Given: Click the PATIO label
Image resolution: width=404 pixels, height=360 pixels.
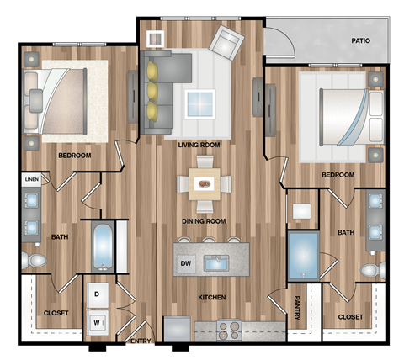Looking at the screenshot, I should [x=363, y=40].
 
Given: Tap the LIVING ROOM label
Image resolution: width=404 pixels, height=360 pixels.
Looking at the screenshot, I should [x=199, y=145].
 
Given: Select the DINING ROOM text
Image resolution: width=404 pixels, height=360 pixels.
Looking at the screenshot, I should [x=205, y=221].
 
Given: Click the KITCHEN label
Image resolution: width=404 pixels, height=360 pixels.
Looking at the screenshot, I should [x=211, y=297].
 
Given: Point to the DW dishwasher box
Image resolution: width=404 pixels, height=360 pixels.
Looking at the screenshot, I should [x=185, y=265].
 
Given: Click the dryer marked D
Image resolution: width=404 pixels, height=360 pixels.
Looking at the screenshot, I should [x=98, y=294].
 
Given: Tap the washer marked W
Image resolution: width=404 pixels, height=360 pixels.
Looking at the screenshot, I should [x=98, y=321].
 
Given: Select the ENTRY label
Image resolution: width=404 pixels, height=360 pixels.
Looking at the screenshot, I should [x=139, y=341].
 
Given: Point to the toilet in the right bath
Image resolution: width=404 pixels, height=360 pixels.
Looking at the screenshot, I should [x=369, y=270].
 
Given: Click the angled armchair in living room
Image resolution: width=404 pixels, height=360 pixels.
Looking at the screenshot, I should [x=227, y=40].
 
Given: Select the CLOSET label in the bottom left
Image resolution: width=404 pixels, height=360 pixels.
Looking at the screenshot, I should [x=56, y=314].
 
